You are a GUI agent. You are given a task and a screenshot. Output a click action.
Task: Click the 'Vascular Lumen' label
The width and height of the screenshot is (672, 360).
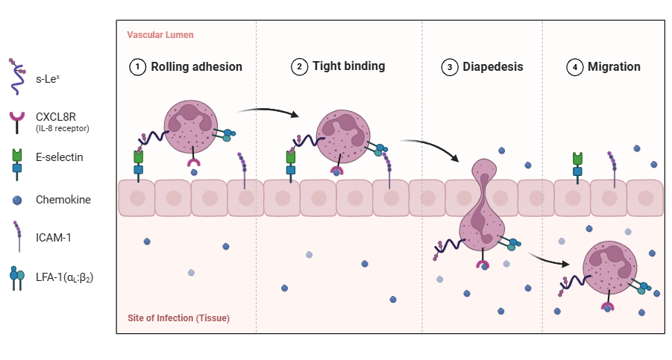pyautogui.click(x=160, y=35)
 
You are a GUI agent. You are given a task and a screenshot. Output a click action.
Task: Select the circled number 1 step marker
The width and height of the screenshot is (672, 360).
pyautogui.click(x=137, y=67)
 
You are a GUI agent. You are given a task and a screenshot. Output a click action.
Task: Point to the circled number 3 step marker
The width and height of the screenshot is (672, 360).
pyautogui.click(x=449, y=67)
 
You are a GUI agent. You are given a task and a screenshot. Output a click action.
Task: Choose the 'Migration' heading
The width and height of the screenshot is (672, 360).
pyautogui.click(x=614, y=67)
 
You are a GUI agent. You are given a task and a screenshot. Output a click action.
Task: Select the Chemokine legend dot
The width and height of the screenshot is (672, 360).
pyautogui.click(x=16, y=200)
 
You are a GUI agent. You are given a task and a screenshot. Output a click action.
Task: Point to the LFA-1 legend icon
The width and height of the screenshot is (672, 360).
pyautogui.click(x=15, y=277)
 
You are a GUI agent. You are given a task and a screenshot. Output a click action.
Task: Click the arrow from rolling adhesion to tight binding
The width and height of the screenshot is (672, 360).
pyautogui.click(x=269, y=112)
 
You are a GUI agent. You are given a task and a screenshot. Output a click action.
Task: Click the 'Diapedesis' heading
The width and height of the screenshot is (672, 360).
pyautogui.click(x=492, y=67)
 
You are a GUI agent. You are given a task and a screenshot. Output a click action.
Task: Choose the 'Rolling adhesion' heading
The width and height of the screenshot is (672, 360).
pyautogui.click(x=196, y=67)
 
